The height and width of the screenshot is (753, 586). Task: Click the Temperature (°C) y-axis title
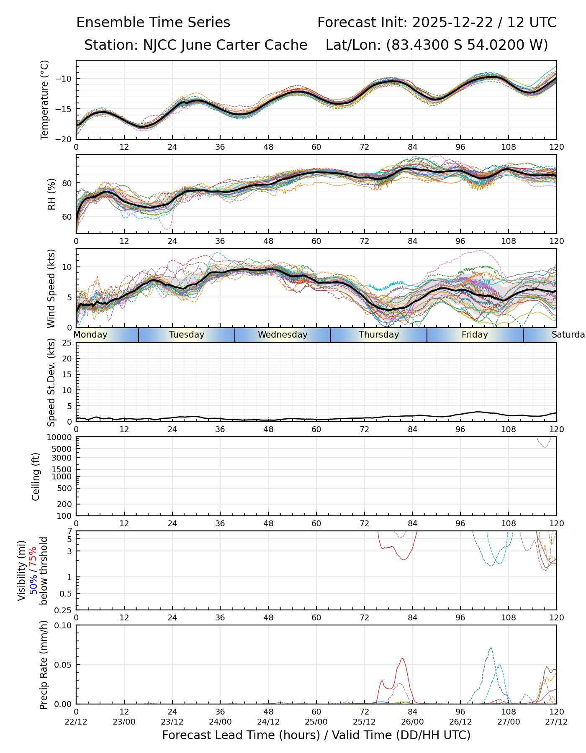(x=45, y=100)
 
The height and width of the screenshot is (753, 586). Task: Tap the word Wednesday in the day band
(x=283, y=335)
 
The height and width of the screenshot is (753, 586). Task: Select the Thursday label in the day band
(x=379, y=335)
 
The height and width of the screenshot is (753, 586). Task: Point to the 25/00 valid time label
(x=316, y=722)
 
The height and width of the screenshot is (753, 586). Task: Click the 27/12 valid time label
(x=556, y=722)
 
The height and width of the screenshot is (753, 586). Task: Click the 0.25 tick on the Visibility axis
(x=64, y=610)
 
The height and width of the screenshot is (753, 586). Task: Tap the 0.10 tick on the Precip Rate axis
(x=63, y=625)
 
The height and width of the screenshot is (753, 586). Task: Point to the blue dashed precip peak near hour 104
(x=491, y=648)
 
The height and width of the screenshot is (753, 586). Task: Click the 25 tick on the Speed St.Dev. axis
(x=67, y=343)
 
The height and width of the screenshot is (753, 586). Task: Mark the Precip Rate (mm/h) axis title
(x=44, y=664)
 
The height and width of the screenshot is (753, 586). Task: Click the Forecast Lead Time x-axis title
(x=316, y=735)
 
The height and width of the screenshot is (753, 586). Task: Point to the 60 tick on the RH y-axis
(x=67, y=217)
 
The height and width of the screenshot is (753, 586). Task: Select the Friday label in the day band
(x=475, y=335)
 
